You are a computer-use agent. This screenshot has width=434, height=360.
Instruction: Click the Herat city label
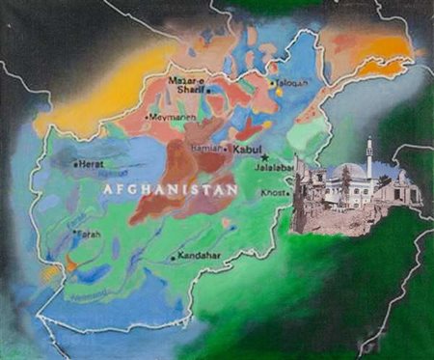coord(91,164)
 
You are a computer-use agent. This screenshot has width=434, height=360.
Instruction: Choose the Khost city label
coord(275,193)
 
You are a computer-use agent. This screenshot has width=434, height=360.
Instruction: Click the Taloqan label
coord(292,83)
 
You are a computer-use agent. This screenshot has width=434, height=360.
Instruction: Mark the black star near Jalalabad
coord(265,157)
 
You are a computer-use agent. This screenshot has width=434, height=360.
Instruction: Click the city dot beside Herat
coord(76,165)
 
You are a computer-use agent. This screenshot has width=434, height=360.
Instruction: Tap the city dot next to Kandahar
coord(173,259)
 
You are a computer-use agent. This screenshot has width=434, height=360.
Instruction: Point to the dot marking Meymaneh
coord(148,118)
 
